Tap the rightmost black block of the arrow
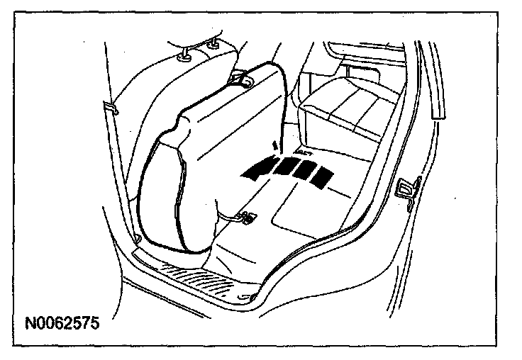(323, 178)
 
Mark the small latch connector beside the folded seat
(247, 217)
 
